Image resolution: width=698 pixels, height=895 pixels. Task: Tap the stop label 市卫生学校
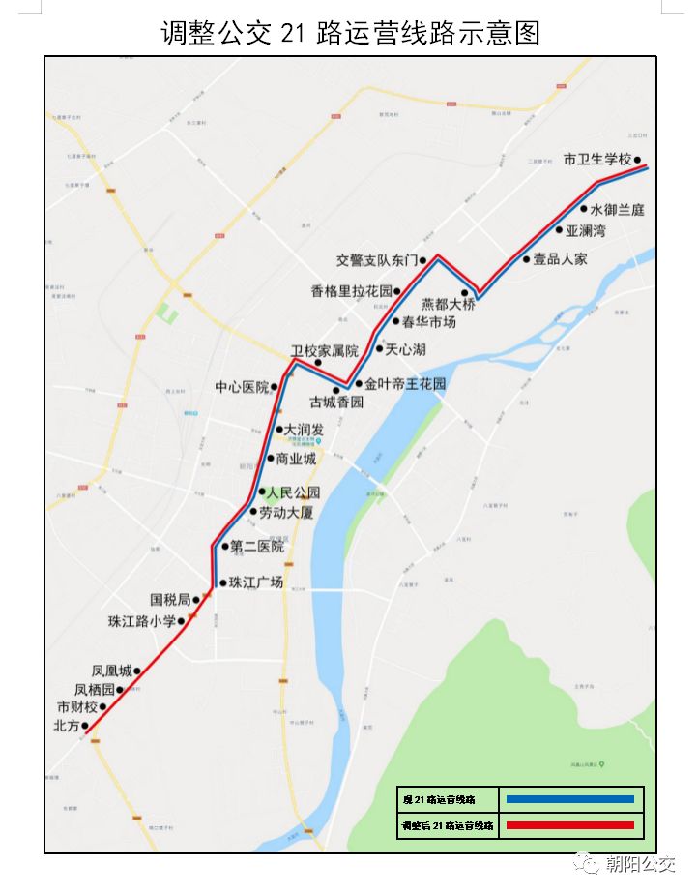(596, 160)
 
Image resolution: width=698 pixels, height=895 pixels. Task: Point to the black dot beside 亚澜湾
(559, 230)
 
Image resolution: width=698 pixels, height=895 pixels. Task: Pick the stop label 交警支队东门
(376, 260)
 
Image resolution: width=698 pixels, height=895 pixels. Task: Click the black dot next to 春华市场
(395, 321)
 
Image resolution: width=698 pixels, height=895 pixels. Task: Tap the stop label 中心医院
(242, 387)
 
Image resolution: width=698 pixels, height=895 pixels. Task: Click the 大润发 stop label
(304, 429)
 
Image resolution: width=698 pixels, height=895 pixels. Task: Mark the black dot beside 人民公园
(261, 491)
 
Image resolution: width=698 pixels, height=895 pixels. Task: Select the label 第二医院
(257, 547)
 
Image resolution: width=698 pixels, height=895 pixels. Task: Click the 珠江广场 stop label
(257, 582)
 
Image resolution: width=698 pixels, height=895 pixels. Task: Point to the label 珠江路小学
(142, 621)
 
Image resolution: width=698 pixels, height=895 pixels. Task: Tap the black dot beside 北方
(85, 725)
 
